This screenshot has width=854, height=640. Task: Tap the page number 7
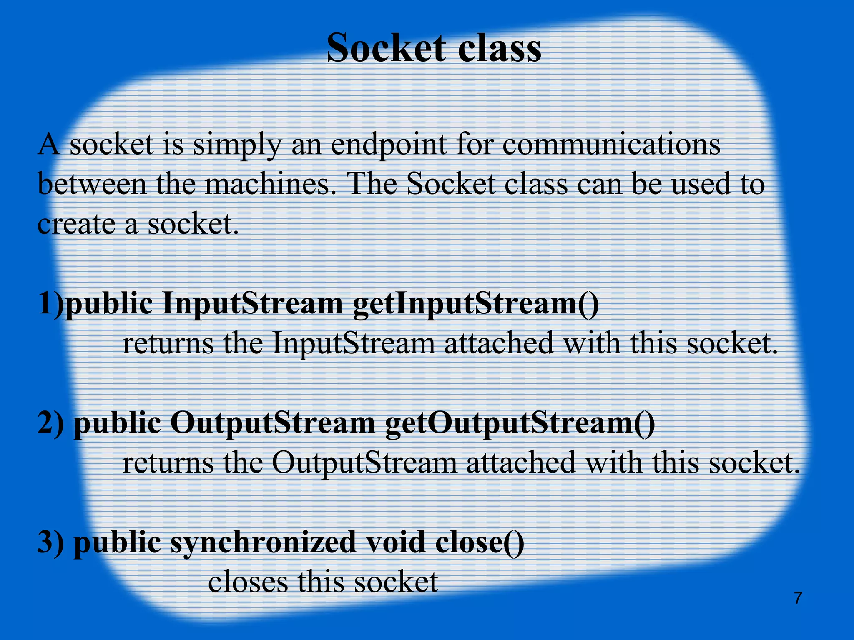pyautogui.click(x=798, y=598)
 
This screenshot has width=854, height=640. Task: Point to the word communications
pyautogui.click(x=611, y=145)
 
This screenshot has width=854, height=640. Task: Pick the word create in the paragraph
pyautogui.click(x=75, y=224)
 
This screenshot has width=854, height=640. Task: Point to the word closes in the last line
pyautogui.click(x=248, y=582)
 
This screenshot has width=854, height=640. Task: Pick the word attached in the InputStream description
pyautogui.click(x=498, y=343)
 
